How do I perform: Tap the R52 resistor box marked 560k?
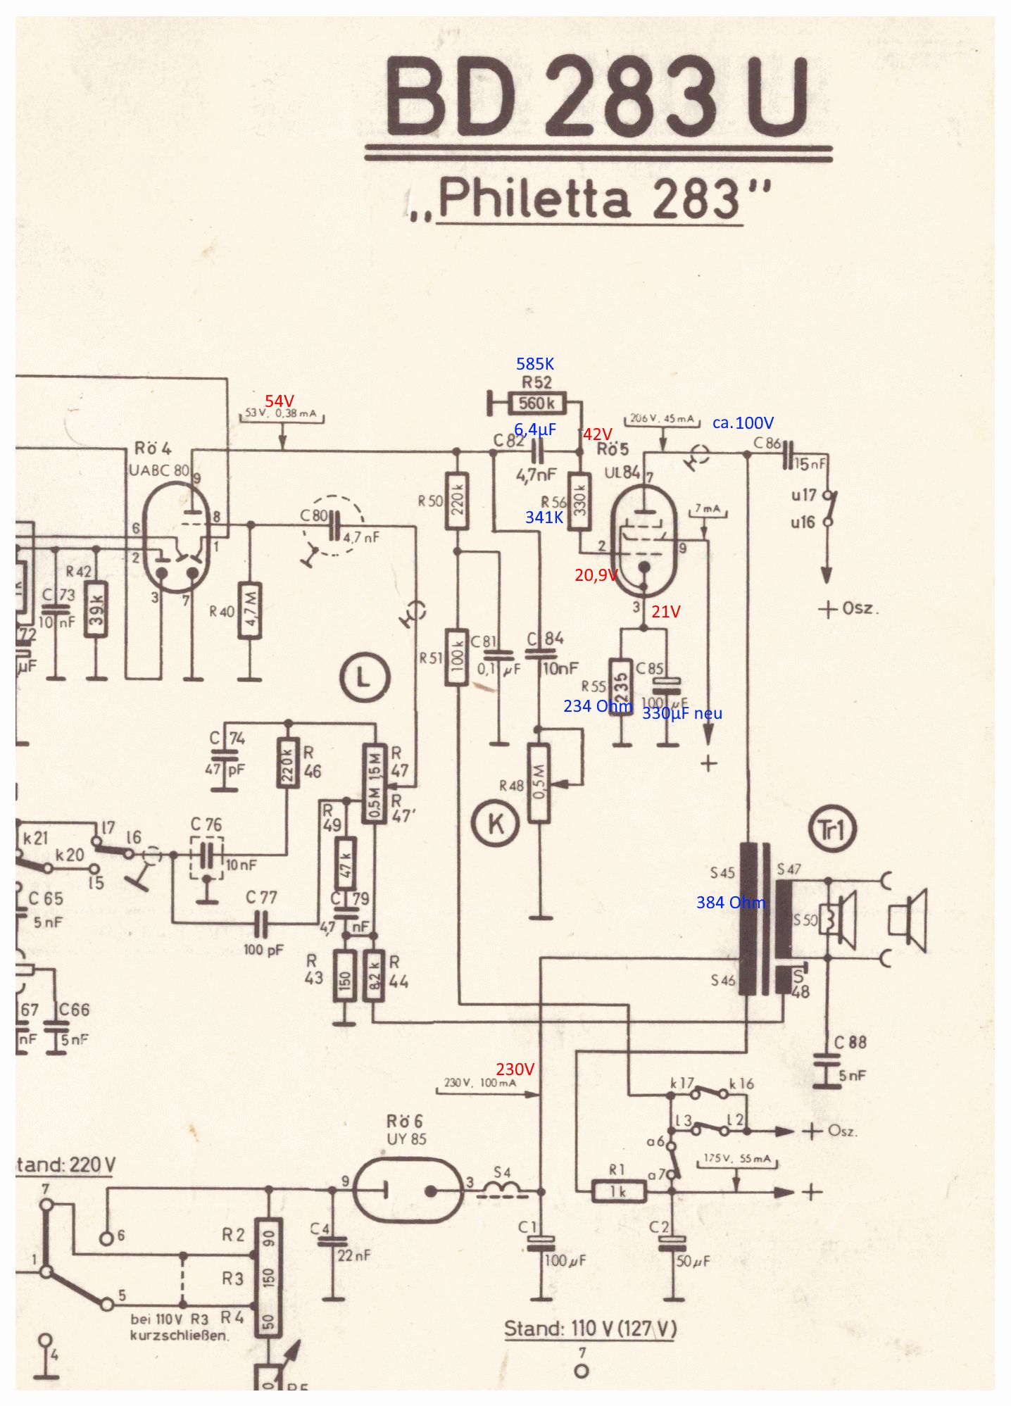coord(536,403)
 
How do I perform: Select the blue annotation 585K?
coord(535,364)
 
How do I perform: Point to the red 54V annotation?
coord(279,401)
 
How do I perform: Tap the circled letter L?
coord(365,679)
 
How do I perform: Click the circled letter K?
coord(496,823)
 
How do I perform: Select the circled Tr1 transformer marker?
coord(832,831)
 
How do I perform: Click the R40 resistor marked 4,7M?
coord(249,610)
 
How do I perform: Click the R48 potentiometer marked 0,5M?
coord(539,782)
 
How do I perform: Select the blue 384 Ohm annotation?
coord(730,903)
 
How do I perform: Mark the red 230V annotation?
coord(515,1069)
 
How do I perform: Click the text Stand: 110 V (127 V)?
coord(590,1329)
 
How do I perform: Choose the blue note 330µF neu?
coord(682,713)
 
